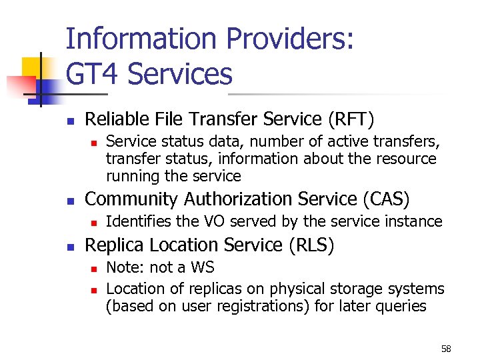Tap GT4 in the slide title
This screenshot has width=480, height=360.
[x=93, y=74]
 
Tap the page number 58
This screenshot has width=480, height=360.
[x=446, y=349]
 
